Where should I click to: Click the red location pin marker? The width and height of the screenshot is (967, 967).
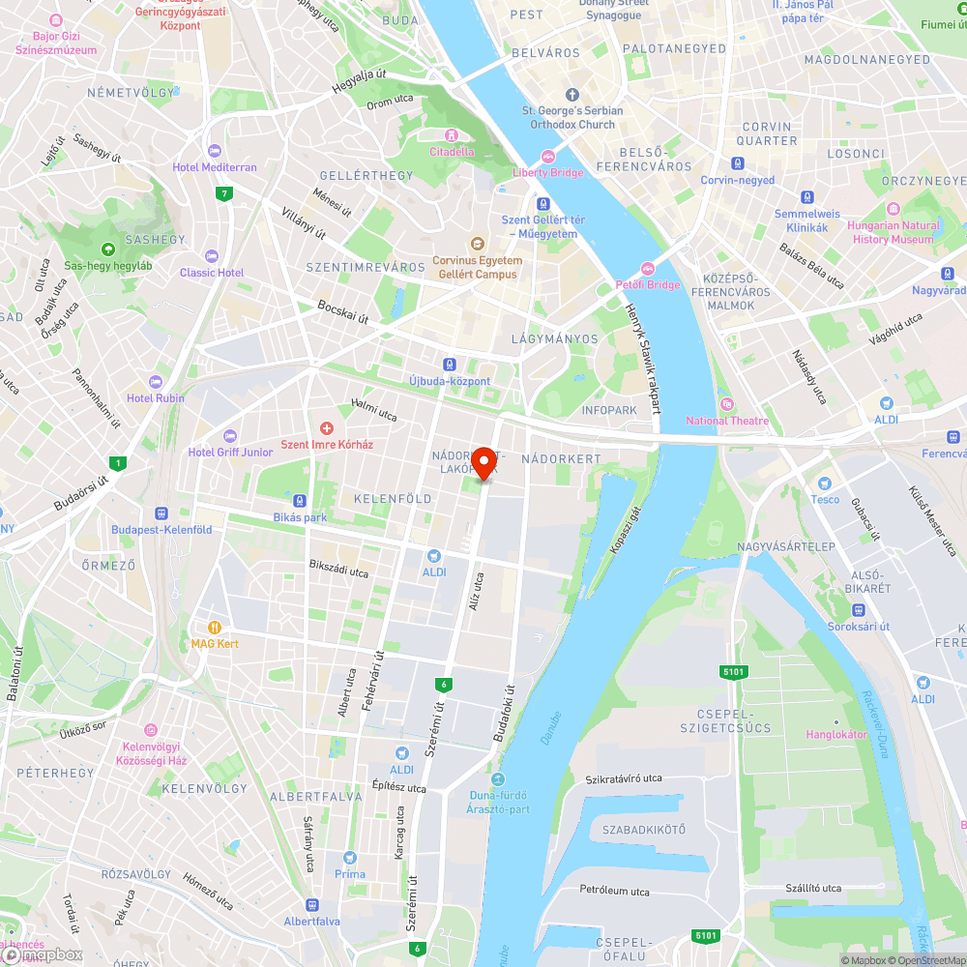[483, 464]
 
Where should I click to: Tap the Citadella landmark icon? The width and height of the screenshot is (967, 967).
[451, 135]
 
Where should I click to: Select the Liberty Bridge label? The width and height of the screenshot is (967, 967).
[547, 172]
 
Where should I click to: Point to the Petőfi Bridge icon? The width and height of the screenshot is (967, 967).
[648, 269]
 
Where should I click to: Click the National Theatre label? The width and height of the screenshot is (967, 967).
[727, 421]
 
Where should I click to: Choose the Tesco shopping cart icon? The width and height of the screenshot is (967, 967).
[824, 483]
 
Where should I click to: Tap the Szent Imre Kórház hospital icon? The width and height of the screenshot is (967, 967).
[327, 428]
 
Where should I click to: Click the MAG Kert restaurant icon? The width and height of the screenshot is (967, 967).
[215, 627]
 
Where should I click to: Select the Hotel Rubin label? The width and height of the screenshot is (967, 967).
[155, 398]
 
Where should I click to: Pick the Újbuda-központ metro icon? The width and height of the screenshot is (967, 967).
[450, 365]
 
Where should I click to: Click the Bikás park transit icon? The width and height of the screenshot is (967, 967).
[302, 502]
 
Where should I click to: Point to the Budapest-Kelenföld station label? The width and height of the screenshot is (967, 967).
[161, 530]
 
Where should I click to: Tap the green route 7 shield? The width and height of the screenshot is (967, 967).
[224, 194]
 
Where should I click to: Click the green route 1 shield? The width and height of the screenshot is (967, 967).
[118, 463]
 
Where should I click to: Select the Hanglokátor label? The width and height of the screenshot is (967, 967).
[836, 735]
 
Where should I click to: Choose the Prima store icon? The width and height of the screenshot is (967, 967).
[350, 858]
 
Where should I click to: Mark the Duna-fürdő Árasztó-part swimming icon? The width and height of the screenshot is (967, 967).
[498, 779]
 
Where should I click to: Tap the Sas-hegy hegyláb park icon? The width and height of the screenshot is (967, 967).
[106, 249]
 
